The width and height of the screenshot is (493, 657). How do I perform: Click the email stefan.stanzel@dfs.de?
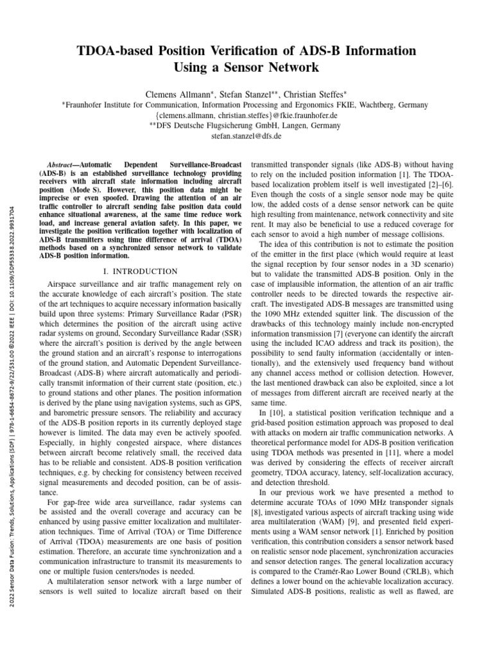tap(246, 136)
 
